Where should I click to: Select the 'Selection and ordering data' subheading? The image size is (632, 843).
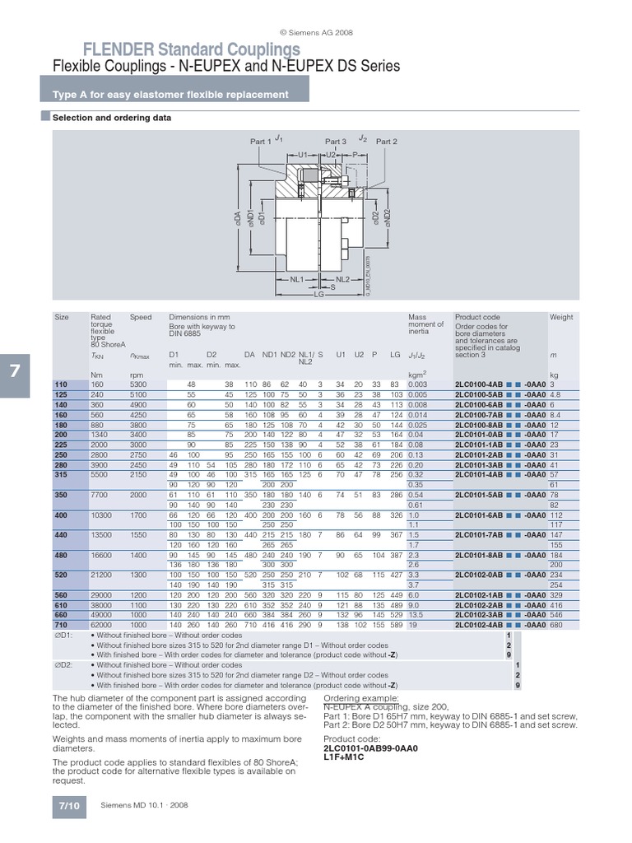point(112,118)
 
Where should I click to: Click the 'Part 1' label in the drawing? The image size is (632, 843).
point(261,142)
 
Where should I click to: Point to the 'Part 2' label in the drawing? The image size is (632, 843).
point(386,142)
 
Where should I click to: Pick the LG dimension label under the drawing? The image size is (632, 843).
point(317,294)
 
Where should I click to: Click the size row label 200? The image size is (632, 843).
point(62,434)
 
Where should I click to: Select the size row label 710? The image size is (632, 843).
point(62,625)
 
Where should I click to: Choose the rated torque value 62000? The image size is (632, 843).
point(101,625)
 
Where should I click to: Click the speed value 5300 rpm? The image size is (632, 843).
point(139,384)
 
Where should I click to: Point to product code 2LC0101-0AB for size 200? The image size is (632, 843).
point(481,434)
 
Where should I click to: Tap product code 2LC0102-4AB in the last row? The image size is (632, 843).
point(481,625)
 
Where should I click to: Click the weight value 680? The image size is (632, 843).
point(557,625)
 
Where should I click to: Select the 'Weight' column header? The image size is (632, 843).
point(561,317)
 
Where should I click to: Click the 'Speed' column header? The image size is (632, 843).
point(141,317)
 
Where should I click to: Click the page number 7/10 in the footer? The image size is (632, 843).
point(69,804)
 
